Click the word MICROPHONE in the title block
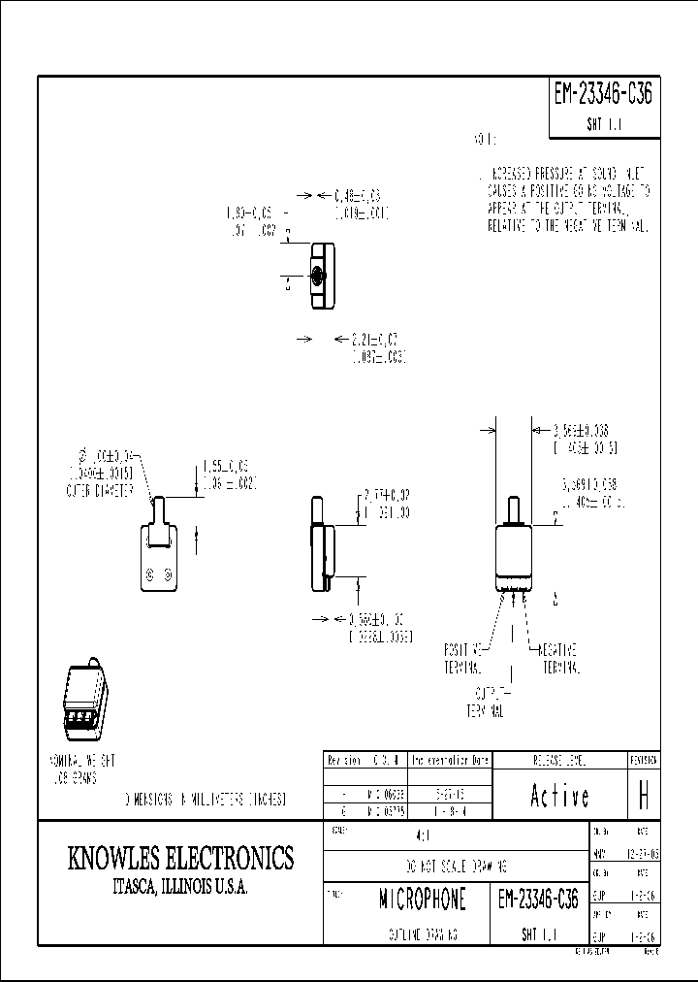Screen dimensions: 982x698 [x=423, y=900]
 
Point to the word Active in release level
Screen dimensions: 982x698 [x=559, y=797]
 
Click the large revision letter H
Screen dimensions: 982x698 [x=643, y=797]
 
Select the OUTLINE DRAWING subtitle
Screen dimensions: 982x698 [x=423, y=933]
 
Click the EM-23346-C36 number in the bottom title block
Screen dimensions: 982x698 [x=538, y=900]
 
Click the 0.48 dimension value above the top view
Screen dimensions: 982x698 [x=358, y=195]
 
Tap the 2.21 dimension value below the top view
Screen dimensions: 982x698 [x=373, y=339]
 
